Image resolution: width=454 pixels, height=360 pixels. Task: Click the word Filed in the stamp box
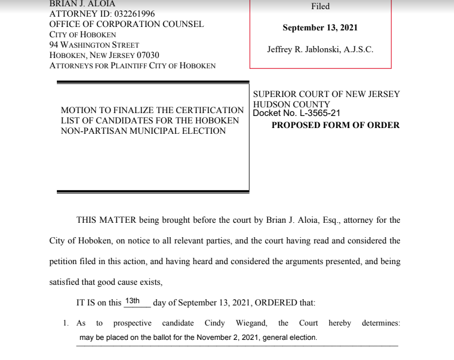tap(320, 7)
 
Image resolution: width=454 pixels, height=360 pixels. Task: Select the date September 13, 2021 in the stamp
tap(320, 28)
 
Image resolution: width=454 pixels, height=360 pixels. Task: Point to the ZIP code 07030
tap(148, 55)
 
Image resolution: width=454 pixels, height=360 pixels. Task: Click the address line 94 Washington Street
tap(94, 45)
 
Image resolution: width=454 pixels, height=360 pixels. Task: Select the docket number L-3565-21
tap(315, 113)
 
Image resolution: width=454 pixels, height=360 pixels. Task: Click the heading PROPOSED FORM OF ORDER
tap(335, 125)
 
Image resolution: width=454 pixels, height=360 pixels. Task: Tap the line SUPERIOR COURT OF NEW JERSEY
tap(326, 94)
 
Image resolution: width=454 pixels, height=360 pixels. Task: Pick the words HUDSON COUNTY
tap(292, 104)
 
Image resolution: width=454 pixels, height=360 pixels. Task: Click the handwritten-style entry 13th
tap(133, 301)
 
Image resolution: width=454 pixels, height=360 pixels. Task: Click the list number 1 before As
tap(66, 323)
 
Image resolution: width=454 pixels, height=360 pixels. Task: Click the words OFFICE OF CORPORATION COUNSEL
tap(126, 24)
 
